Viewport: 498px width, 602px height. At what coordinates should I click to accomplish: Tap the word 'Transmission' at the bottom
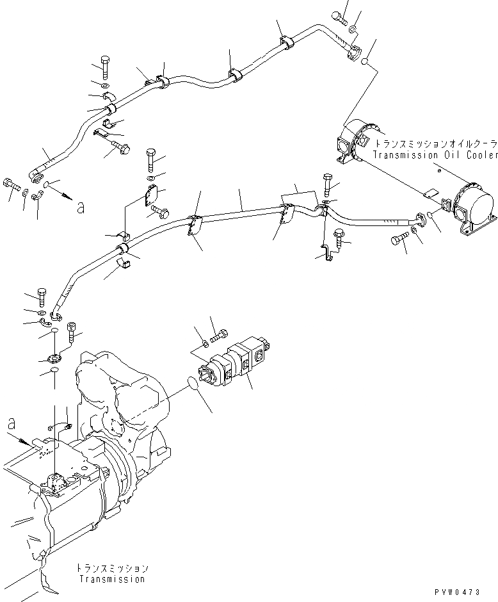112,579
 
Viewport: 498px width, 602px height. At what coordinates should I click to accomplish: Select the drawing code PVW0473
470,594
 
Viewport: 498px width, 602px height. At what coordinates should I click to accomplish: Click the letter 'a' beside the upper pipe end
80,206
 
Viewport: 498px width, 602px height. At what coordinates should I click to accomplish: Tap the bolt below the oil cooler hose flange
397,241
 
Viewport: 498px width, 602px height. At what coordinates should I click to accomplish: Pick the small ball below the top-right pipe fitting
364,62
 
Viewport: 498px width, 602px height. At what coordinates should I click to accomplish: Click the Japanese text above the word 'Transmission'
112,569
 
